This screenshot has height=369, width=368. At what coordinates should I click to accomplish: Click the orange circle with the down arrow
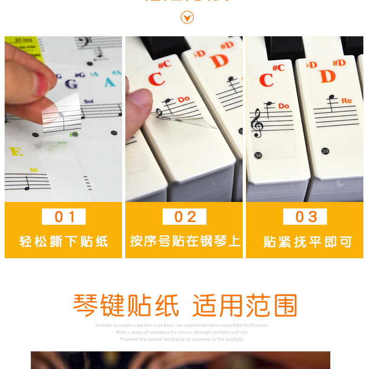187,18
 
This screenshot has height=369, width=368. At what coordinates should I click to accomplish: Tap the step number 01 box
64,217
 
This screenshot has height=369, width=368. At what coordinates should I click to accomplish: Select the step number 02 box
184,217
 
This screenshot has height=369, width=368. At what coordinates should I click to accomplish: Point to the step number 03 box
305,217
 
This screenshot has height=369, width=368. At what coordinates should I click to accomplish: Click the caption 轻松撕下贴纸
64,242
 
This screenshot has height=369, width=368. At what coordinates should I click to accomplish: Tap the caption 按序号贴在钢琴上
184,241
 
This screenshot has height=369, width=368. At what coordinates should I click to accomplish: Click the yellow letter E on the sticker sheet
15,152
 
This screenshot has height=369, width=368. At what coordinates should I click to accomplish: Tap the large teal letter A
109,83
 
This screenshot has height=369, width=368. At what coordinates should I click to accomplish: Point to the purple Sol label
89,101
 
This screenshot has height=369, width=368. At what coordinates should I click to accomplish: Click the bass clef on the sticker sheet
85,43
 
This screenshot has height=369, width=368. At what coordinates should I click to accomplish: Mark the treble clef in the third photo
257,123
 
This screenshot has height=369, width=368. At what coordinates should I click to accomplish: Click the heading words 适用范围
245,306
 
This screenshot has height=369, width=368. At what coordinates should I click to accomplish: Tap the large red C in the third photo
266,81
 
